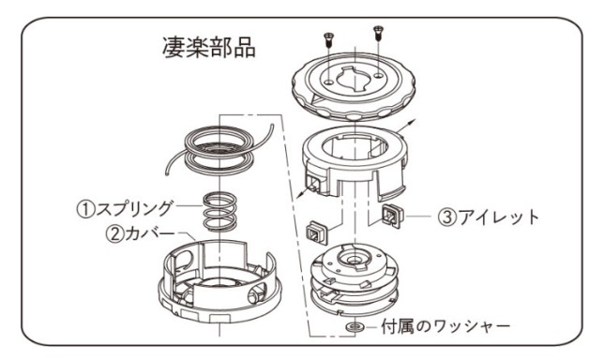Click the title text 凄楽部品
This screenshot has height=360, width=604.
209,48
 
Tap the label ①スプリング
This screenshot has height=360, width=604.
124,209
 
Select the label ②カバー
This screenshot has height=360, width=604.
141,233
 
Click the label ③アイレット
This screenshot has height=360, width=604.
489,217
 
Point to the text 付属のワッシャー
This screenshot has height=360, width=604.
445,327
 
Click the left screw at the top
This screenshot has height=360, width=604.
328,40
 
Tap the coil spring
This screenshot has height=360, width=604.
219,212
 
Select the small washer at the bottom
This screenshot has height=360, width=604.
355,327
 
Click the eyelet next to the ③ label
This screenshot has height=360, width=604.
393,216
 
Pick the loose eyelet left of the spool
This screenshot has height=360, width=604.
318,232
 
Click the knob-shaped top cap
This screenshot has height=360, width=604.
354,85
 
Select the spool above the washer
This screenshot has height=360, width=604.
355,280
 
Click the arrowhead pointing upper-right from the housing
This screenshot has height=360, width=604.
412,123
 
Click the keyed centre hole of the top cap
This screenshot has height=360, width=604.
355,79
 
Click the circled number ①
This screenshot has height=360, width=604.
85,209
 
